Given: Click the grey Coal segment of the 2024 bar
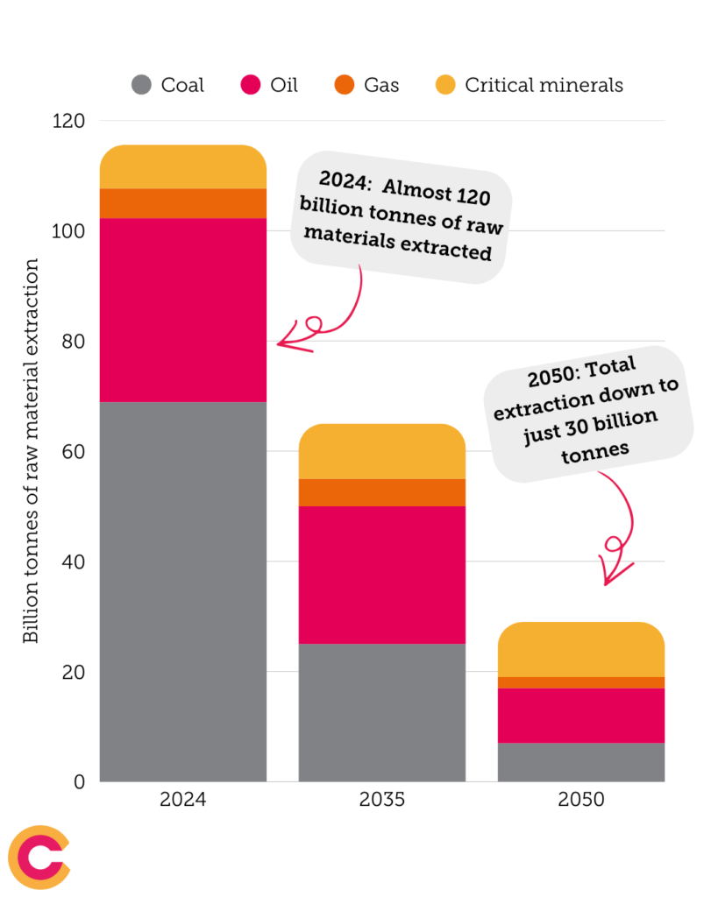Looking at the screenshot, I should tap(182, 591).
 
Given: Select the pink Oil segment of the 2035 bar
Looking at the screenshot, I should tap(381, 575).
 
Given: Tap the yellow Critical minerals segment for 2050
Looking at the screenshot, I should tap(580, 649).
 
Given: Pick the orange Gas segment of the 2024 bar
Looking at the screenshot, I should tap(182, 203).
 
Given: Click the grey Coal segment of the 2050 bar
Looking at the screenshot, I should tap(580, 762).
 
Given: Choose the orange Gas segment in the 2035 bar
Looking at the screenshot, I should tap(381, 492).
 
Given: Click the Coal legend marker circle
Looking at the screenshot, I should tap(142, 85).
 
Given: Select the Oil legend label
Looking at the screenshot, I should tap(284, 85).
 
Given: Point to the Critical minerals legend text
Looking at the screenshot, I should tap(544, 85).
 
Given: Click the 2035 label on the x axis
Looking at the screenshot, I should tap(381, 800).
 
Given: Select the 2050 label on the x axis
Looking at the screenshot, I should tap(580, 800).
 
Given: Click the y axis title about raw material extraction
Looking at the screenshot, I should tap(32, 450).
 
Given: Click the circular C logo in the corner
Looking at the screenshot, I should tap(39, 857).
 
